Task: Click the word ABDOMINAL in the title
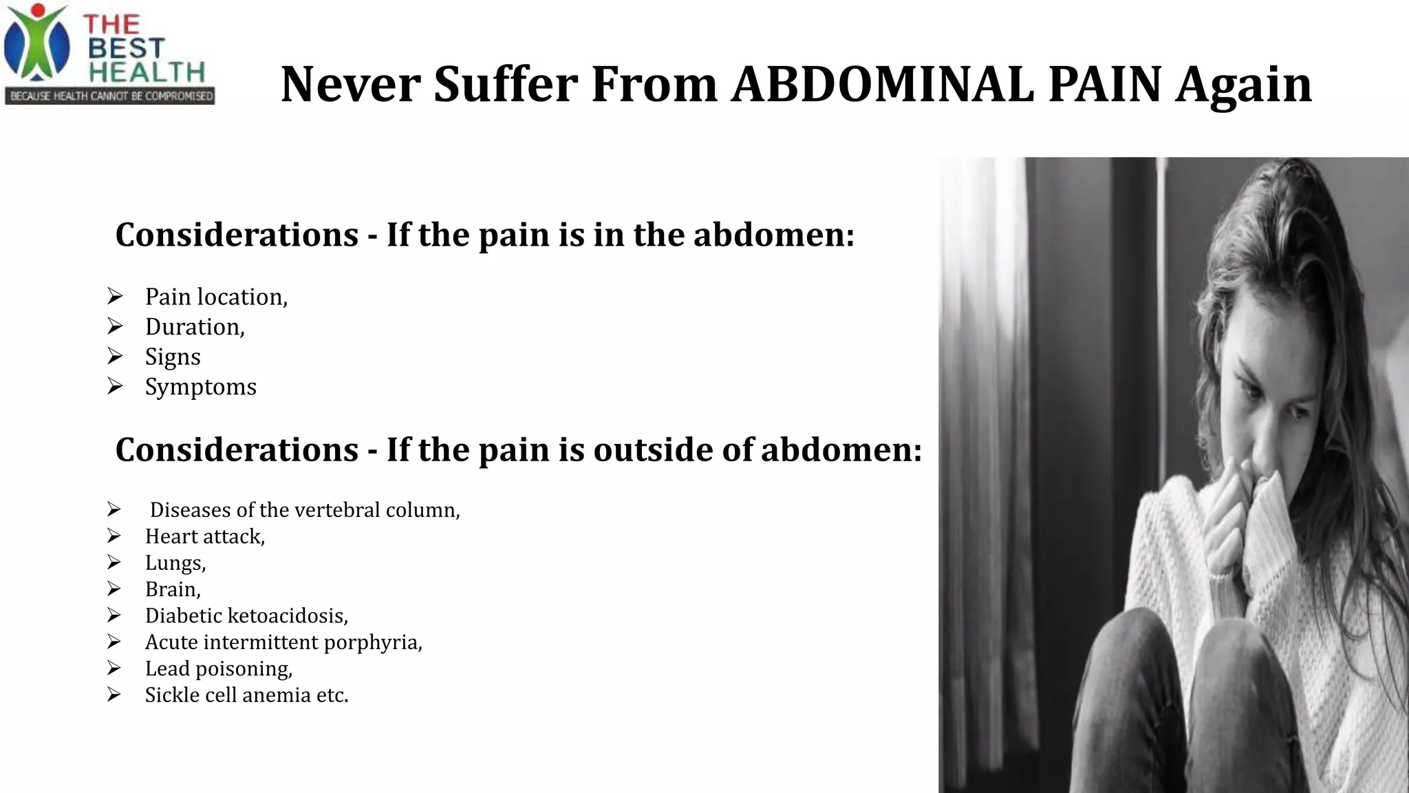[x=883, y=85]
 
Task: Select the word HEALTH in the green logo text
[x=147, y=72]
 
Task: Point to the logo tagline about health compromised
[x=110, y=96]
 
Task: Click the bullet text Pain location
[x=216, y=297]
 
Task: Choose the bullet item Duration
[x=195, y=327]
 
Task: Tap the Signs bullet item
[x=173, y=357]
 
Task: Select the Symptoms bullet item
[x=200, y=387]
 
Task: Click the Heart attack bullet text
[x=205, y=536]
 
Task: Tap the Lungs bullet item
[x=175, y=563]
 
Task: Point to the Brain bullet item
[x=173, y=589]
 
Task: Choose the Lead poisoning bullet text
[x=219, y=668]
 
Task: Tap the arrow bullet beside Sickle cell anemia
[x=114, y=695]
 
